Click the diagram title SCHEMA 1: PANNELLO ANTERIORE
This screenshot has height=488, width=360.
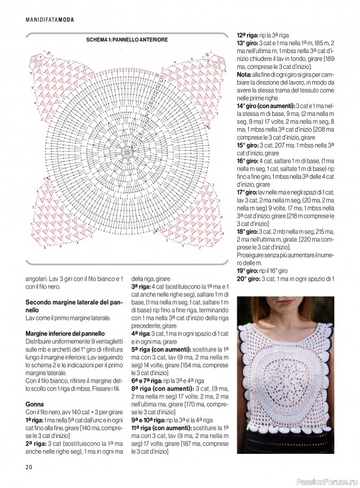click(128, 40)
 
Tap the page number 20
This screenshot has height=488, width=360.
click(29, 467)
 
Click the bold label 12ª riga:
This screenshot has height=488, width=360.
click(249, 35)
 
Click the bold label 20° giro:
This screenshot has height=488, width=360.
click(249, 279)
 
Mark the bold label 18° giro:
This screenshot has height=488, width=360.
click(249, 232)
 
